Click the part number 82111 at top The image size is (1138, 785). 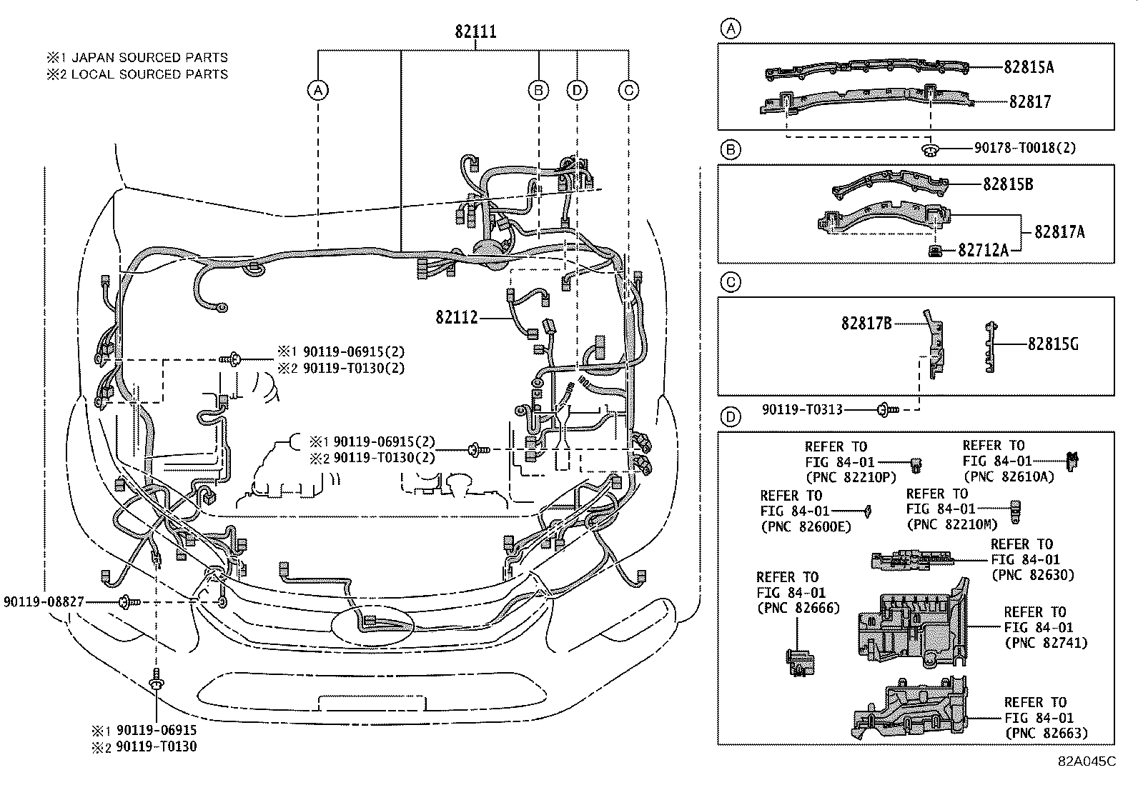pos(475,31)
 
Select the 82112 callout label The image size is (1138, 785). pos(456,317)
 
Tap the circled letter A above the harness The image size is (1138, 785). pos(317,90)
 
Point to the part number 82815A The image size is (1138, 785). pos(1028,67)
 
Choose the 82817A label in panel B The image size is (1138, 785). pos(1059,231)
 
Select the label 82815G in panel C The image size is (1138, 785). pos(1053,344)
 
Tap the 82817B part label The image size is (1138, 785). pos(866,324)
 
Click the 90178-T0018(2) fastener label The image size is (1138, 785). pos(1024,149)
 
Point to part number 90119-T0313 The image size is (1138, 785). pos(801,409)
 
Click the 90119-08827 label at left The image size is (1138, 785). pos(44,602)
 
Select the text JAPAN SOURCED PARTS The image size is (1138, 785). pos(149,58)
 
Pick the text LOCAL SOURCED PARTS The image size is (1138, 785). pos(149,74)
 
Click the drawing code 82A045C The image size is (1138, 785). pos(1087,761)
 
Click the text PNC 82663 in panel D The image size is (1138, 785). pos(1046,733)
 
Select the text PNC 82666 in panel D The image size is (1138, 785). pos(798,609)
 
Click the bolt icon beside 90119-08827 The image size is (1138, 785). pos(129,602)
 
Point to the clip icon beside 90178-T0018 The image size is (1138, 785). pos(930,149)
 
